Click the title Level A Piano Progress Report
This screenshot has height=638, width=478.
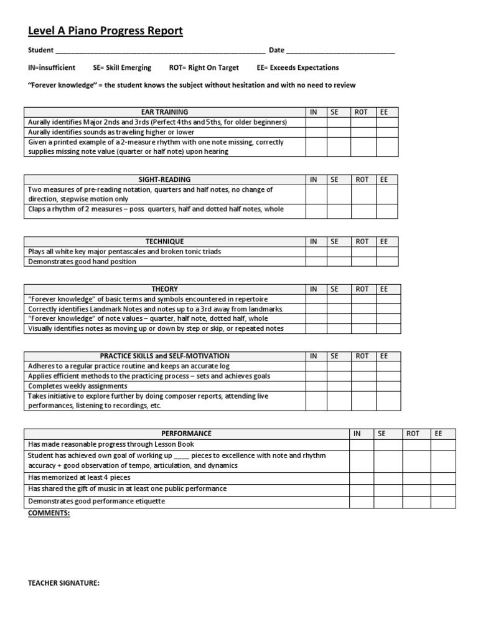point(105,31)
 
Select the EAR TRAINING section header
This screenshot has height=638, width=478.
point(164,112)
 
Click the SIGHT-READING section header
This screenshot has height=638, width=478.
point(164,179)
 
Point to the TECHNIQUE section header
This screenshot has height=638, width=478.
point(164,242)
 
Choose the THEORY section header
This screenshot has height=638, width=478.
point(164,289)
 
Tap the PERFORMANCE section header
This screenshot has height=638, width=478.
point(186,434)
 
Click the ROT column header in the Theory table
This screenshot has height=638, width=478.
point(362,289)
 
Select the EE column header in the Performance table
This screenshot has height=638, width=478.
point(439,434)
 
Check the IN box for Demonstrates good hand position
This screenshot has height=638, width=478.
point(316,262)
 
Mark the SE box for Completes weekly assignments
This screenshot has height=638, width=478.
point(339,386)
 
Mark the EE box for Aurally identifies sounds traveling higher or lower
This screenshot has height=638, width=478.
point(387,132)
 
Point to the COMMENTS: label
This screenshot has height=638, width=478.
point(49,513)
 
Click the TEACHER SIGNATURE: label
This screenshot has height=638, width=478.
point(64,583)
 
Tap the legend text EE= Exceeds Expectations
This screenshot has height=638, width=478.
point(298,68)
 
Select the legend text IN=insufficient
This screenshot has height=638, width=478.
point(52,68)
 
